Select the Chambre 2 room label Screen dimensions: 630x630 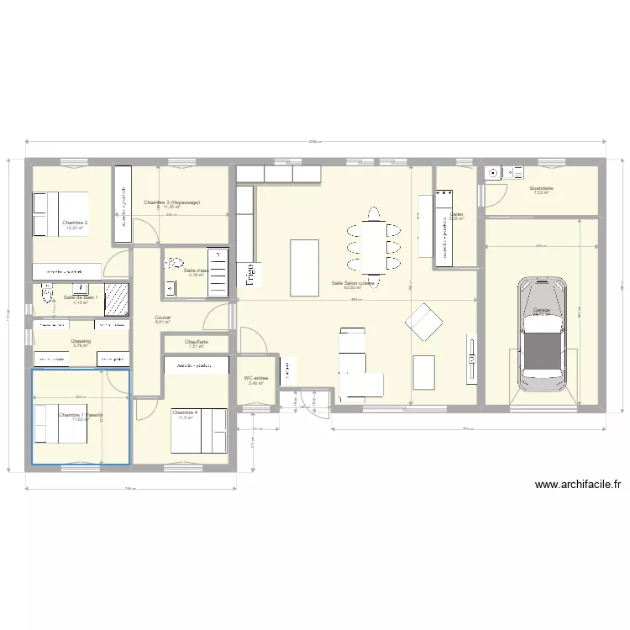pos(75,223)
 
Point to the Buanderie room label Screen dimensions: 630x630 pos(541,190)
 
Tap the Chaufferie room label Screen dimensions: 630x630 pos(197,343)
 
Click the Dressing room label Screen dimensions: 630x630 pos(81,341)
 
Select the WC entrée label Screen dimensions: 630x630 pos(256,379)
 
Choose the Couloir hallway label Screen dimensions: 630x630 pos(163,318)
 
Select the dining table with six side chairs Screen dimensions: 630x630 pos(372,246)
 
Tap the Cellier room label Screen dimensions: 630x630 pos(456,215)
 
